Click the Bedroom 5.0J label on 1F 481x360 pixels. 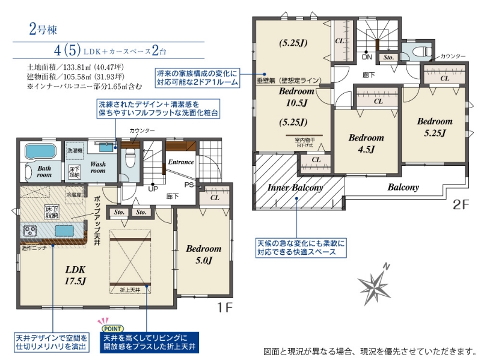click(203, 254)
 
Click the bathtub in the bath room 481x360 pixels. click(40, 151)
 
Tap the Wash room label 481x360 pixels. click(97, 166)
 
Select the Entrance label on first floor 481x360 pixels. click(180, 162)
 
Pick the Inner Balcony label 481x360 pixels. click(295, 188)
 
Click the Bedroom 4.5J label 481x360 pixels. click(366, 142)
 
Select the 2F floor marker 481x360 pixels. click(461, 204)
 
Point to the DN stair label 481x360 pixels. click(366, 56)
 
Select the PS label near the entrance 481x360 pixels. click(188, 185)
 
